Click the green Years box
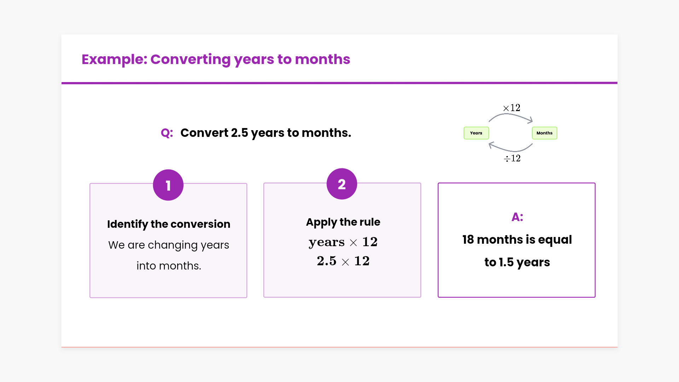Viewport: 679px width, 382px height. tap(476, 133)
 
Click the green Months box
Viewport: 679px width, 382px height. tap(544, 133)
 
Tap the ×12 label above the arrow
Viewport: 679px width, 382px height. tap(512, 108)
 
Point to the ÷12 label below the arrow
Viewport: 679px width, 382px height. tap(512, 158)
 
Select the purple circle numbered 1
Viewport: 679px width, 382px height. tap(168, 185)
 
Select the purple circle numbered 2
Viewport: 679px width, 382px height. tap(342, 184)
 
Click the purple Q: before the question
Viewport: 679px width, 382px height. tap(167, 133)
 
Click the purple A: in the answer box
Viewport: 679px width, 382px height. tap(517, 217)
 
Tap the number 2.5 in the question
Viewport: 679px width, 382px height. tap(239, 133)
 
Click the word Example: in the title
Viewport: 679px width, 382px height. tap(114, 59)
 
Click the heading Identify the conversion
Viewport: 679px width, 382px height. tap(169, 224)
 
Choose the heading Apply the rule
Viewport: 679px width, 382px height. tap(343, 222)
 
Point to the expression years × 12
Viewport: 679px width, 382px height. tap(343, 242)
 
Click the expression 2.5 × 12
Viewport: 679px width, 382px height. tap(343, 261)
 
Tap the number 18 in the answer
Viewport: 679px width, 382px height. tap(468, 240)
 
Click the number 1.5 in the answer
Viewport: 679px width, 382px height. tap(506, 262)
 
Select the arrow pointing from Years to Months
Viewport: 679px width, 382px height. tap(511, 115)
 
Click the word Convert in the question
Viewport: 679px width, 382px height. tap(204, 133)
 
